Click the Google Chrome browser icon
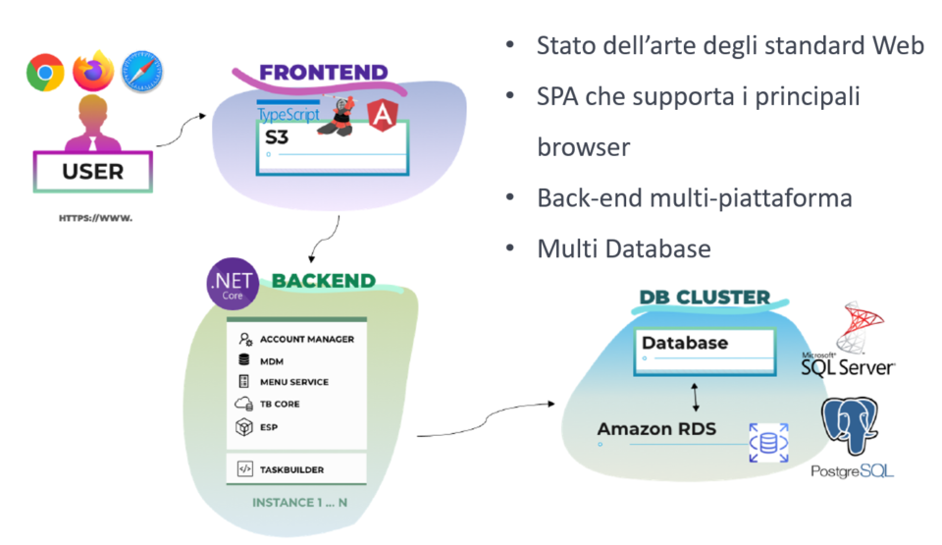(45, 73)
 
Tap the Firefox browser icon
(94, 71)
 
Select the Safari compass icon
(142, 73)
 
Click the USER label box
(93, 171)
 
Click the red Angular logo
(382, 116)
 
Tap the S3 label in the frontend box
(278, 138)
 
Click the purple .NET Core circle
(232, 283)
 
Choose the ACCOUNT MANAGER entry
(306, 339)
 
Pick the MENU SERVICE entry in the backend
(293, 382)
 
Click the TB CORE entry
(280, 404)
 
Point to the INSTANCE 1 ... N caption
(298, 503)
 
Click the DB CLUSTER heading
(705, 298)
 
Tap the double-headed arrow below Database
(696, 397)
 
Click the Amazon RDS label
(656, 429)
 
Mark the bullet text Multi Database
(623, 249)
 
